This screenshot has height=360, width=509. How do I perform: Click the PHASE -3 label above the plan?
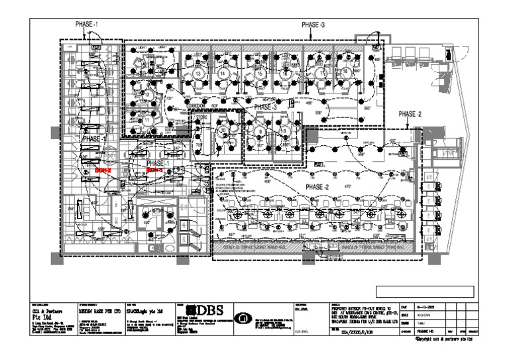point(313,25)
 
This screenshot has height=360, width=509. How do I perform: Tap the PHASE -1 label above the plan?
point(87,25)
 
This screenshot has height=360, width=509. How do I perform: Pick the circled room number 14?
point(223,73)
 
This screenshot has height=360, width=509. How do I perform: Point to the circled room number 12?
point(148,95)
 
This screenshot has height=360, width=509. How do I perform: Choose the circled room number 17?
point(322,73)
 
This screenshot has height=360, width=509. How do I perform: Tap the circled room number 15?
point(260,73)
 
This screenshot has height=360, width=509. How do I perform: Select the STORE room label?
point(201,117)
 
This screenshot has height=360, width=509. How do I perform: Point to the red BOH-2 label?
point(102,170)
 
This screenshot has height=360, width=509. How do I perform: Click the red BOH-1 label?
point(154,170)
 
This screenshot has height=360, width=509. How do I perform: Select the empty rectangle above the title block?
point(424,291)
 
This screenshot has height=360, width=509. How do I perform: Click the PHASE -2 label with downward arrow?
point(410,114)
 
